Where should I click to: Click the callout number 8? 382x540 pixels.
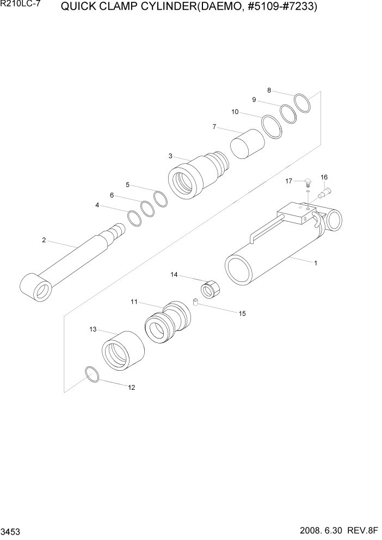269,90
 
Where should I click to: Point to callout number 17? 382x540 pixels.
288,181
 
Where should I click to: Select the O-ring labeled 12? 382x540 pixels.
93,375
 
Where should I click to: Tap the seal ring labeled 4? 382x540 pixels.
134,218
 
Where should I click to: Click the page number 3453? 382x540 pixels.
11,530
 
